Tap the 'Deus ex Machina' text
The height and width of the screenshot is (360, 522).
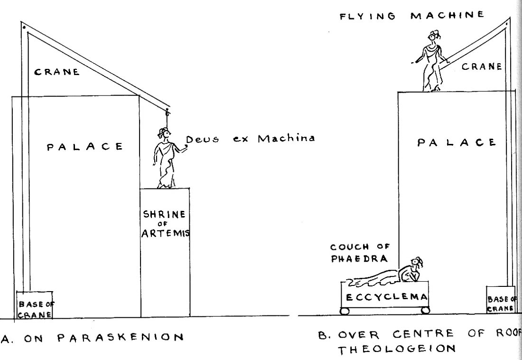[250, 140]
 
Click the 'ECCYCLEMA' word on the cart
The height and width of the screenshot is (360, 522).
[385, 297]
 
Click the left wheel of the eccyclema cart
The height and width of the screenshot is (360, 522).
[345, 311]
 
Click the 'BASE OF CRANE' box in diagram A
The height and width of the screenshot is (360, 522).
[35, 304]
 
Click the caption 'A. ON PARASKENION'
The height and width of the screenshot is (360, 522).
[93, 338]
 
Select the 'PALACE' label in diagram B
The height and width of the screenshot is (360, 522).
[457, 142]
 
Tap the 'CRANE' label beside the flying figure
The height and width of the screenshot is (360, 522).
[482, 67]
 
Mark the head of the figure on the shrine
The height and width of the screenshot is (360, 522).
[164, 133]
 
